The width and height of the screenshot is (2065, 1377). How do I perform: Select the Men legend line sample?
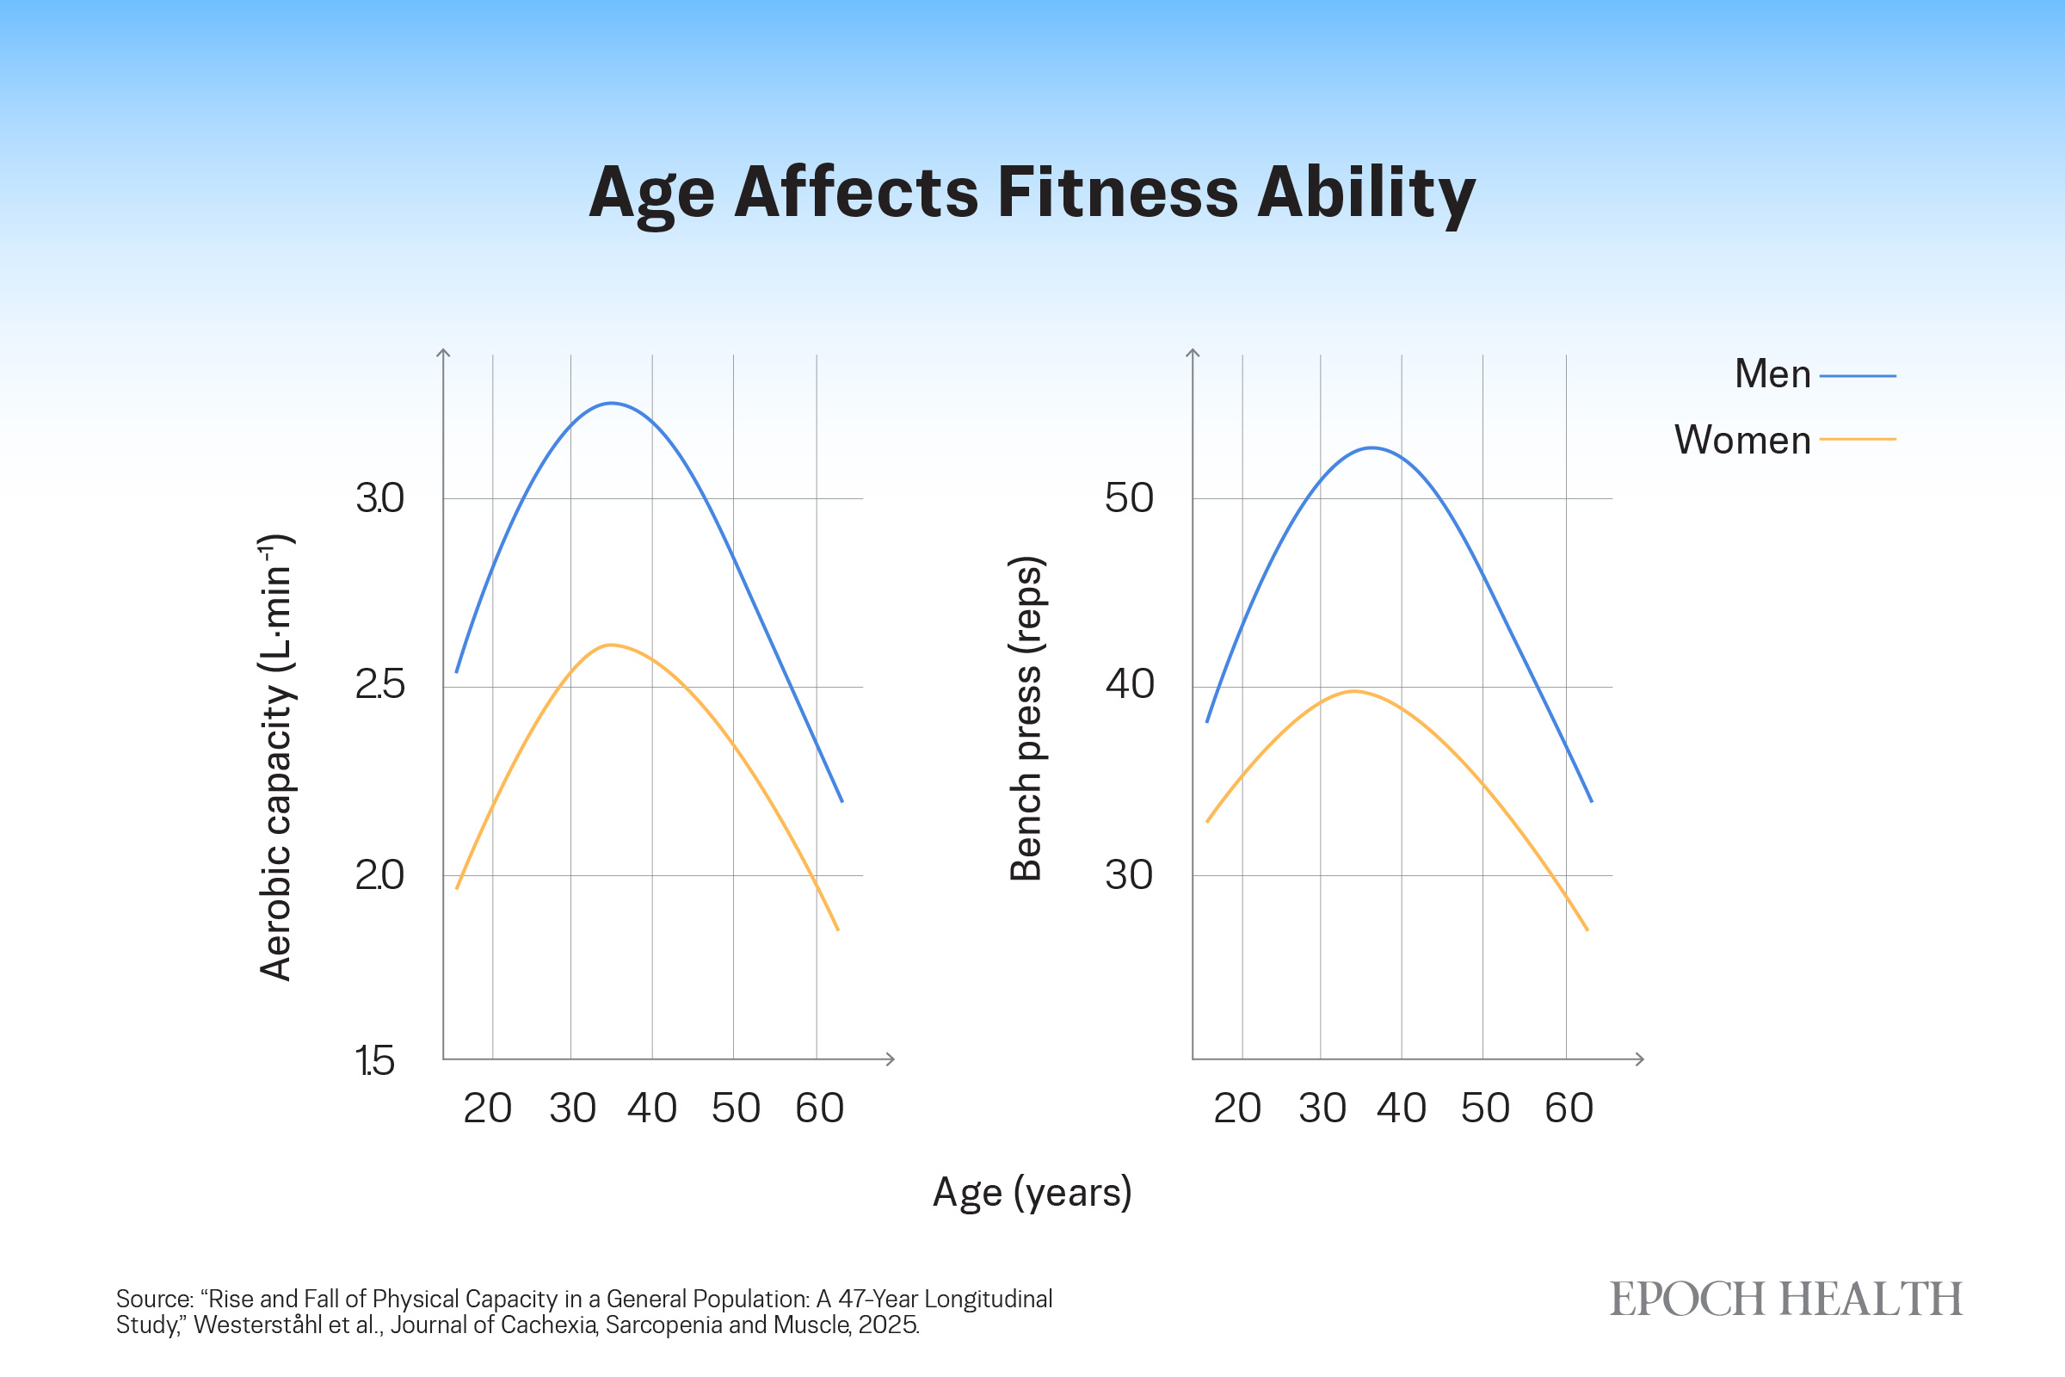point(1858,376)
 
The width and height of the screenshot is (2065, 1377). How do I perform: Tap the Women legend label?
point(1743,439)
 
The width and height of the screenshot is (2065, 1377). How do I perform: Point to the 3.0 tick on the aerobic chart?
point(379,498)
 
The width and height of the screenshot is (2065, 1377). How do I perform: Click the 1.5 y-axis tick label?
point(375,1061)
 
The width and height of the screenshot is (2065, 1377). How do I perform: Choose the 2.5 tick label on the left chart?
point(379,685)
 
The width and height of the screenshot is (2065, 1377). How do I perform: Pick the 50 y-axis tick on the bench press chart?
point(1129,498)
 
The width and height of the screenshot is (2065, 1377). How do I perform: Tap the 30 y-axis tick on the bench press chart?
point(1129,874)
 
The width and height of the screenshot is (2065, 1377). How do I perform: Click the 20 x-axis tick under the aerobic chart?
point(487,1108)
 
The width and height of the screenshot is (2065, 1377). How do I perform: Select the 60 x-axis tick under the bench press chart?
point(1569,1108)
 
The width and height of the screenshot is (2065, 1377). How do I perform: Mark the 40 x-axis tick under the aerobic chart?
point(652,1108)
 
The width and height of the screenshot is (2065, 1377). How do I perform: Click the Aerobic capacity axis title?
point(276,757)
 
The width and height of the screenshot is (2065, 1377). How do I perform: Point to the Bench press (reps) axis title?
point(1026,719)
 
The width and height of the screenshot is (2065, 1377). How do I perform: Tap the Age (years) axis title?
point(1032,1193)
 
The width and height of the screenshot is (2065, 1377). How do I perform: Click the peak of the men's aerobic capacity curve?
point(611,403)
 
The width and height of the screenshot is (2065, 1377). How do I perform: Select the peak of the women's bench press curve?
point(1353,691)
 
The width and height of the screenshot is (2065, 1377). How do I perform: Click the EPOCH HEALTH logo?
point(1786,1300)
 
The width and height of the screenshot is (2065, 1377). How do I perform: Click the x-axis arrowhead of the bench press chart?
point(1639,1059)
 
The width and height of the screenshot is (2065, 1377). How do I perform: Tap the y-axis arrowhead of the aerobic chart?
point(443,353)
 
